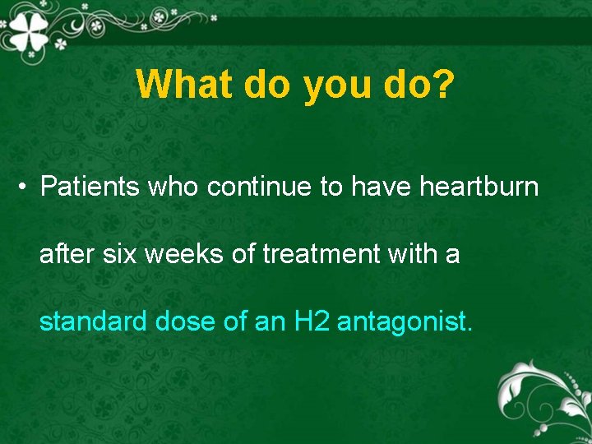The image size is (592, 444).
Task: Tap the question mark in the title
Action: [441, 84]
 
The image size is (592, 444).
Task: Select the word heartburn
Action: [479, 187]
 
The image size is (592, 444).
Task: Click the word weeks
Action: [187, 255]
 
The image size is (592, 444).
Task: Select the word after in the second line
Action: [68, 255]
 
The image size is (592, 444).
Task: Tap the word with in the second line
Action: [419, 255]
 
